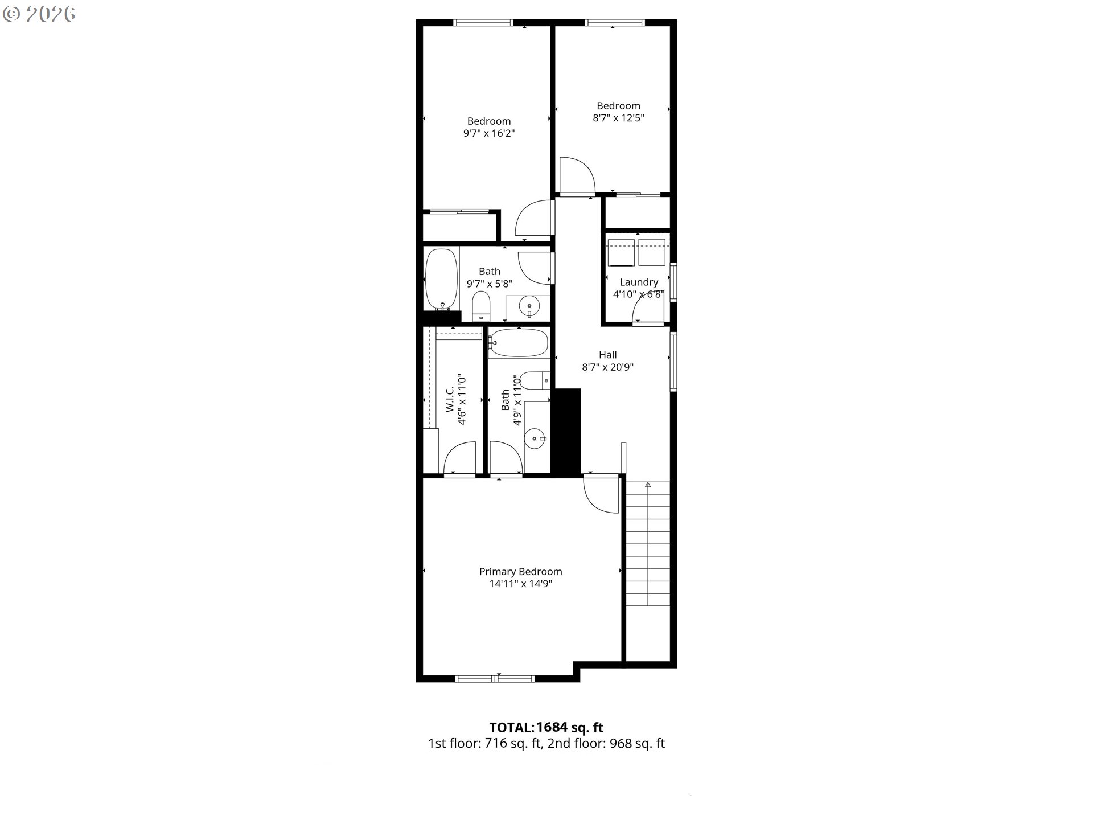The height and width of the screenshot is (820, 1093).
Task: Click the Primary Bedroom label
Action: point(520,572)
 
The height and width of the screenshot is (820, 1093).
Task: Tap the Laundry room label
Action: point(639,282)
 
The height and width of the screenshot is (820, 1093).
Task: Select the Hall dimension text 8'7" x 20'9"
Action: point(607,367)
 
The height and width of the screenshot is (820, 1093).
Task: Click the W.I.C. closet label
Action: point(450,400)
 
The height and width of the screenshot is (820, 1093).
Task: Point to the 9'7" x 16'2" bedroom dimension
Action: point(489,134)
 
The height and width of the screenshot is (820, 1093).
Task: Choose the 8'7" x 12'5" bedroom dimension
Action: point(618,118)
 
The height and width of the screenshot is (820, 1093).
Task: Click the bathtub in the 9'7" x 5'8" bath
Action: point(442,279)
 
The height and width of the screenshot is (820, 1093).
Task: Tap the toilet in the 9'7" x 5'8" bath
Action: point(482,305)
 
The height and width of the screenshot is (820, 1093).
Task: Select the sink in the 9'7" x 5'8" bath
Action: point(529,307)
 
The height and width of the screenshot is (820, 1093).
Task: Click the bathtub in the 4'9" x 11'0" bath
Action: point(518,343)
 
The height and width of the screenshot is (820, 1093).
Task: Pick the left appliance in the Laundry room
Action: point(621,253)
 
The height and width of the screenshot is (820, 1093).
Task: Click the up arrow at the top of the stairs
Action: point(648,485)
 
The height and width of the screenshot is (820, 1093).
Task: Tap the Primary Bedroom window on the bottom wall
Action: point(495,678)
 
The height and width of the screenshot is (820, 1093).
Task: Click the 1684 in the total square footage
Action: point(552,727)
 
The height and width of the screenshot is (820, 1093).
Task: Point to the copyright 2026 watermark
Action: point(39,14)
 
